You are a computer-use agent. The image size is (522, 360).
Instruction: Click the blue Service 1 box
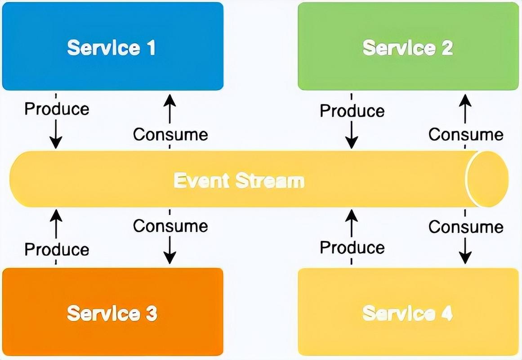112,46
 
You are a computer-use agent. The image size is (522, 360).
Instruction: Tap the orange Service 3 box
112,312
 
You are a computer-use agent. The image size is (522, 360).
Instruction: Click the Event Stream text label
239,180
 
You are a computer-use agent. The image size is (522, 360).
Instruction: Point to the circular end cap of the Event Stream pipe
487,179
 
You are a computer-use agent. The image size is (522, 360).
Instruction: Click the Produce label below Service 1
57,109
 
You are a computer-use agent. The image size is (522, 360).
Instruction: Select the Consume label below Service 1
170,135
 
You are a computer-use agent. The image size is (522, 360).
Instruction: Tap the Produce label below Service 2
352,111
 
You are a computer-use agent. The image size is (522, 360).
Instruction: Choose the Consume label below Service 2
466,135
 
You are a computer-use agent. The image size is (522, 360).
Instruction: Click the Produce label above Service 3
57,250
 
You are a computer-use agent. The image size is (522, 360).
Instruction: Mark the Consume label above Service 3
170,226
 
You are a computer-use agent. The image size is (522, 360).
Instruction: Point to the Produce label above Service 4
352,247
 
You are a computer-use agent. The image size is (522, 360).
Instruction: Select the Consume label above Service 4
466,227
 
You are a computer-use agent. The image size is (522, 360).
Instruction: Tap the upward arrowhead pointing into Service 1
170,100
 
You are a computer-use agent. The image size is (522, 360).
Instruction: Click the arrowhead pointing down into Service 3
170,258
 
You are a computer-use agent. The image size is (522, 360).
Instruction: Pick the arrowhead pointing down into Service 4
465,258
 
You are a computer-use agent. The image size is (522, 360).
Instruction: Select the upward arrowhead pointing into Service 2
465,100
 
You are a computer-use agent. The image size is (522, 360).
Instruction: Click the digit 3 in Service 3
152,313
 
